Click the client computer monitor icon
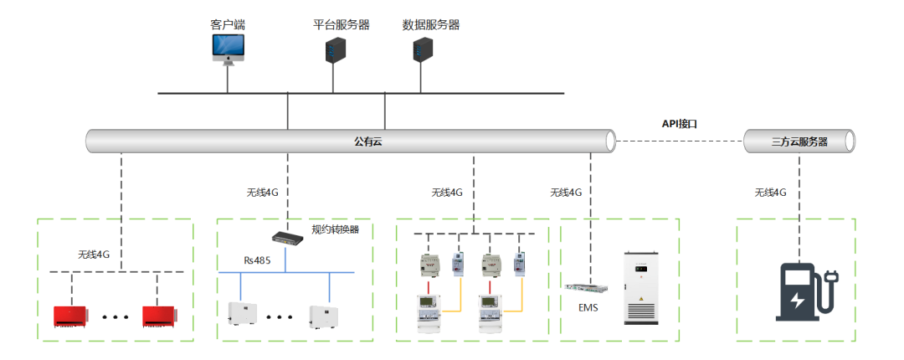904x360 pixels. tap(228, 49)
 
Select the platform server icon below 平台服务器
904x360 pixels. tap(335, 49)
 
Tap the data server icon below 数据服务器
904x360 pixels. tap(423, 50)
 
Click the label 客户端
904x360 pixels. tap(228, 24)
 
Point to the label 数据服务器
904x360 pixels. tap(430, 24)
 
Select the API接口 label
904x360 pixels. tap(680, 124)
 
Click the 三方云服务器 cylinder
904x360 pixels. tap(799, 141)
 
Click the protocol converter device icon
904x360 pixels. tap(289, 237)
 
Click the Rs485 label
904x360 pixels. tap(256, 260)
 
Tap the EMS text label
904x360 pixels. tap(589, 307)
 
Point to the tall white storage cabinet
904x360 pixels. tap(641, 287)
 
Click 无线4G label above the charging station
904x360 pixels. tap(771, 193)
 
